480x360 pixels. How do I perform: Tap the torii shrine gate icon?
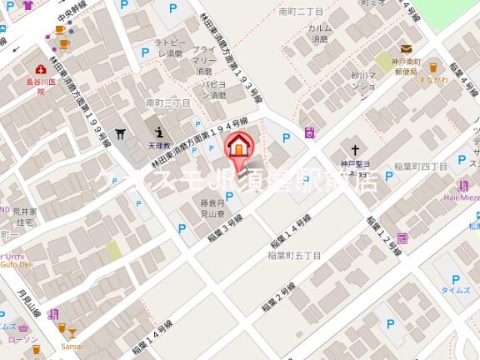pyautogui.click(x=122, y=133)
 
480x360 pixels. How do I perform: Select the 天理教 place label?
pyautogui.click(x=160, y=143)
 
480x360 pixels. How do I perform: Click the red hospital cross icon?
pyautogui.click(x=40, y=69)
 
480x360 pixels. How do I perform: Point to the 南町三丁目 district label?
pyautogui.click(x=168, y=103)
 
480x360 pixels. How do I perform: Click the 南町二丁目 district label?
pyautogui.click(x=301, y=12)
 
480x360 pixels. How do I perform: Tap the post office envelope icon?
pyautogui.click(x=406, y=49)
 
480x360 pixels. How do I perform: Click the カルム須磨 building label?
pyautogui.click(x=321, y=32)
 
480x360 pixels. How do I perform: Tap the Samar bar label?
pyautogui.click(x=71, y=345)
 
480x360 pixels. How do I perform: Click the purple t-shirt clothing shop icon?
pyautogui.click(x=28, y=5)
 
